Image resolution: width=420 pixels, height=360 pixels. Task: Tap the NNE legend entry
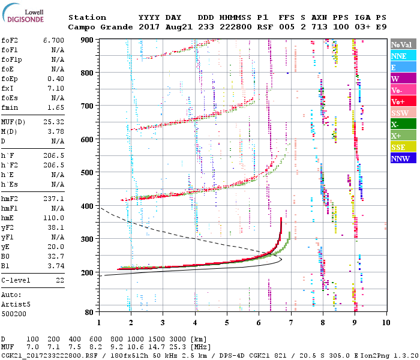402,56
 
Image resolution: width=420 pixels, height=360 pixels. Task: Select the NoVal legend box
402,44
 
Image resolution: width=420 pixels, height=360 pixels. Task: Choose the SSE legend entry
402,147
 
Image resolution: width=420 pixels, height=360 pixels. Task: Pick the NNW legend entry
402,158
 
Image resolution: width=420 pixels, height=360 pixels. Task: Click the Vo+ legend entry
402,101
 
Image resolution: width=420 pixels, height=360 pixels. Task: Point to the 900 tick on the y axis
89,40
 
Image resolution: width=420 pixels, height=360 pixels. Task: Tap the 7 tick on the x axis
291,322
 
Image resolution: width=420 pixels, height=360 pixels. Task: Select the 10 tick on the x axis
385,322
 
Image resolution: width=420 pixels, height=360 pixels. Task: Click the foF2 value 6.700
53,40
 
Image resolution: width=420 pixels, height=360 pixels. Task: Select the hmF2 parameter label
10,198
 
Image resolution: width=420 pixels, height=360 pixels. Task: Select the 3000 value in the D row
170,340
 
